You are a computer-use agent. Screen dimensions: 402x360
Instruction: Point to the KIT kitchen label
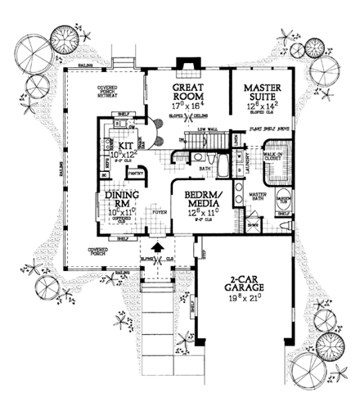pyautogui.click(x=115, y=144)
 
